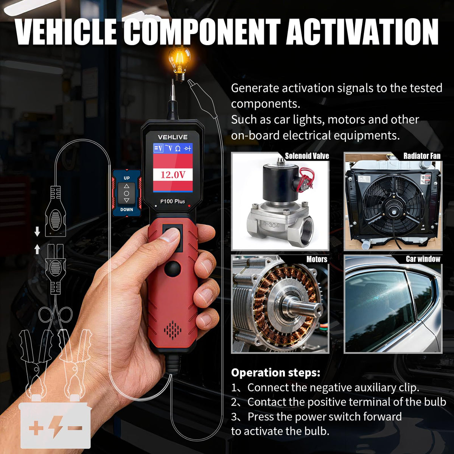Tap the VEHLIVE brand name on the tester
[173, 137]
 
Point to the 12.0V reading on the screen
[173, 175]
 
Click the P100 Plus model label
[173, 201]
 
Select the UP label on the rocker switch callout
[127, 178]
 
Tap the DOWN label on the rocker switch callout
[127, 210]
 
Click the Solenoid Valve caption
[307, 156]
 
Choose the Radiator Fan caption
[422, 156]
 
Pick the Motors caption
[317, 259]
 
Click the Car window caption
[423, 259]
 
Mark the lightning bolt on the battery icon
[56, 427]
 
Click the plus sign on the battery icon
[36, 428]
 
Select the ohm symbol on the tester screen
[178, 149]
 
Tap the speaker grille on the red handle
[173, 330]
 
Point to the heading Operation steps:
[276, 373]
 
